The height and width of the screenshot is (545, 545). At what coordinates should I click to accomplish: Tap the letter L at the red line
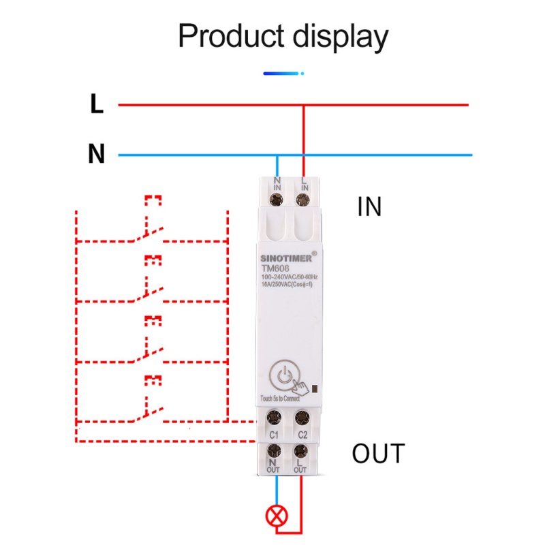pos(97,105)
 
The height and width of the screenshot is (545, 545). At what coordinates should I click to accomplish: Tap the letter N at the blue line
pos(97,155)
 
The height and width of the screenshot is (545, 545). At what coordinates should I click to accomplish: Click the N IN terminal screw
pos(277,200)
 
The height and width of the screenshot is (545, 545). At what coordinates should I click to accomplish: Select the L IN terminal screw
pos(304,200)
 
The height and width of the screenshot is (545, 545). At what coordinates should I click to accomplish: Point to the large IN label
pos(370,206)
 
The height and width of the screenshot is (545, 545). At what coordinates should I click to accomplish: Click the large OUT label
pos(378,453)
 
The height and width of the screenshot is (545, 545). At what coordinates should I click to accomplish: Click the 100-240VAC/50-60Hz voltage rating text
pos(290,277)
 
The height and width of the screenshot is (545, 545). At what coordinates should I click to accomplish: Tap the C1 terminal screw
pos(275,417)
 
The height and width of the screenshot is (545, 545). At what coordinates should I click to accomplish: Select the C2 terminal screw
pos(302,417)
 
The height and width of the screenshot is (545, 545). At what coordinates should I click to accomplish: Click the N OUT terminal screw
pos(275,450)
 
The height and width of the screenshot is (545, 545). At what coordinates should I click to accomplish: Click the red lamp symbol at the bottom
pos(277,516)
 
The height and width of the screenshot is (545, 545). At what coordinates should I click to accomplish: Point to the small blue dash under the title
pos(282,72)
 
